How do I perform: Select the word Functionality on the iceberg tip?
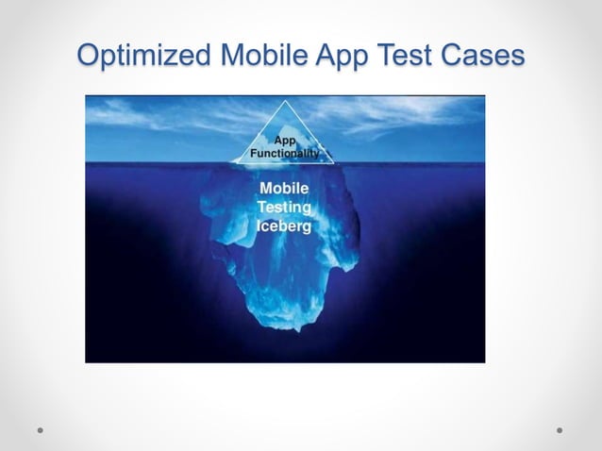click(x=284, y=152)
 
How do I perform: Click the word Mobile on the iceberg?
click(x=284, y=188)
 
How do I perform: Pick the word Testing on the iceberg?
click(x=286, y=208)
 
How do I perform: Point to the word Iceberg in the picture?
click(x=284, y=226)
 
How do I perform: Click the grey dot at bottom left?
click(x=41, y=429)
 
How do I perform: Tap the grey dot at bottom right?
click(x=560, y=429)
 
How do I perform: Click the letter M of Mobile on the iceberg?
click(x=267, y=188)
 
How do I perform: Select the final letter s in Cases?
click(x=517, y=57)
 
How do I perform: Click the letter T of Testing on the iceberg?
click(x=263, y=208)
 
